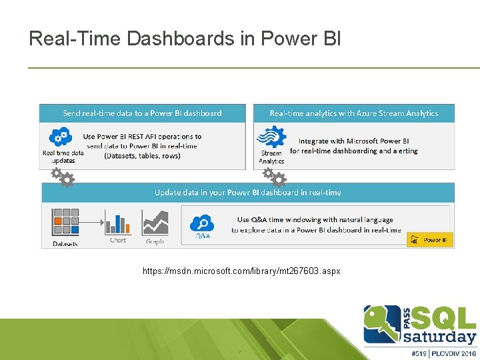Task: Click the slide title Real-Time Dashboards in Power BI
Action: coord(185,38)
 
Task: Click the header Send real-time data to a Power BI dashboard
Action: coord(142,113)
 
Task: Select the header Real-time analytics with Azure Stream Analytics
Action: coord(353,113)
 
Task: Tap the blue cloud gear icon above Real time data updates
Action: coord(61,138)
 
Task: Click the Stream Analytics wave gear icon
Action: coord(271,137)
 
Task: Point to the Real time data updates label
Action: coord(63,157)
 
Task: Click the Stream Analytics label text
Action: coord(271,157)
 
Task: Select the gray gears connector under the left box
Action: coord(63,177)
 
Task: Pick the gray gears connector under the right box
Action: coord(274,177)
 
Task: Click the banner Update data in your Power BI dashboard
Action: coord(247,193)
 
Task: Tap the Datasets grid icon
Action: coord(65,221)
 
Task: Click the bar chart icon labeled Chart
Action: coord(118,223)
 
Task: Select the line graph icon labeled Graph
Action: coord(155,223)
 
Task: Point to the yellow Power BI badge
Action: coord(430,240)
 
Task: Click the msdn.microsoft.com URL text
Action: coord(241,271)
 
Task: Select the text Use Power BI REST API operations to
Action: coord(142,137)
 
